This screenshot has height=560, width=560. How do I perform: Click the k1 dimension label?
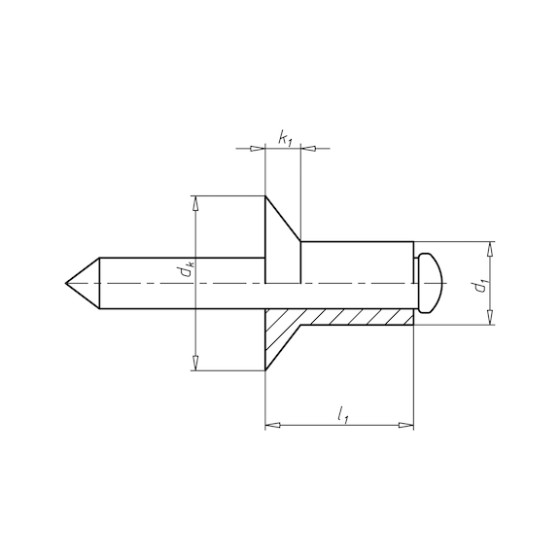(285, 139)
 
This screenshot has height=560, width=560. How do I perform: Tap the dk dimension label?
(186, 270)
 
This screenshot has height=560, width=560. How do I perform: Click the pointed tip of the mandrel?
(66, 283)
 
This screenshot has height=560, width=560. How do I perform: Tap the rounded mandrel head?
(430, 283)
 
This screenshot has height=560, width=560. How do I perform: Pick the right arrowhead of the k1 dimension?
(309, 149)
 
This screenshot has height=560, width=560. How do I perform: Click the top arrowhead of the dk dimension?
(195, 203)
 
